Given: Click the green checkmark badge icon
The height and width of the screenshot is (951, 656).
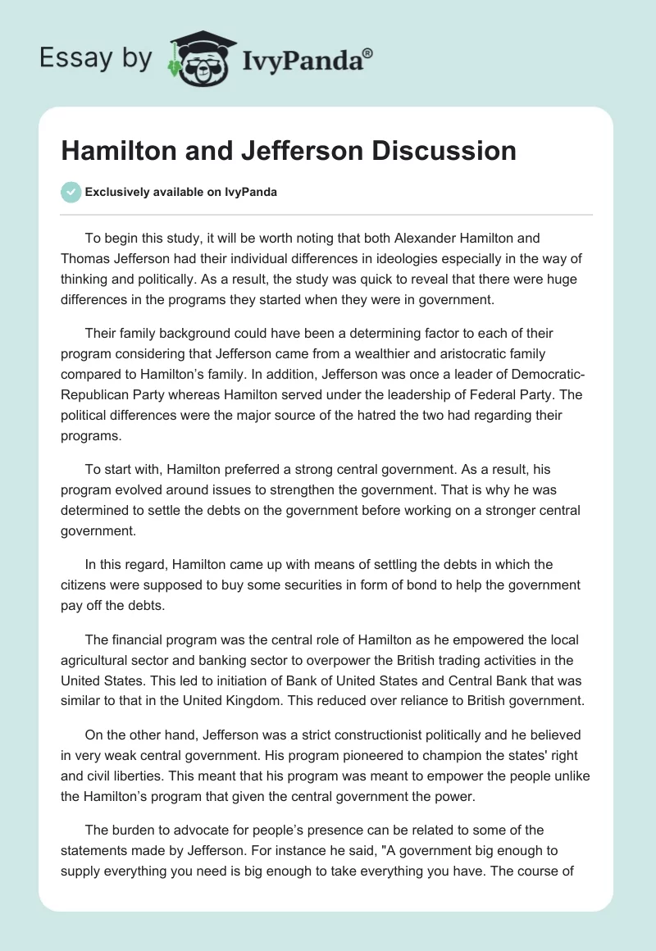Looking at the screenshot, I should pos(71,192).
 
